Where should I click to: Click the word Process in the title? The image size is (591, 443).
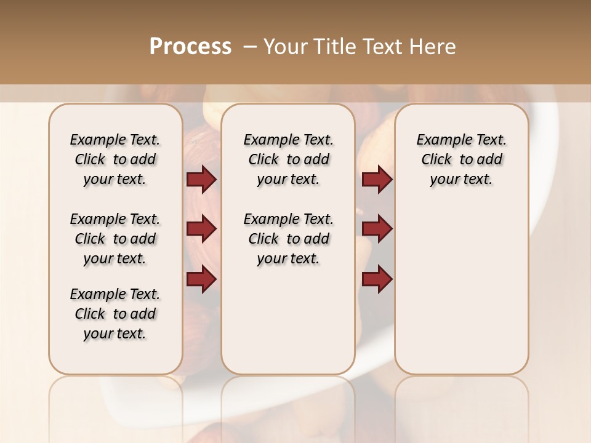[190, 47]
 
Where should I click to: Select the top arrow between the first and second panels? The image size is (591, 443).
[201, 180]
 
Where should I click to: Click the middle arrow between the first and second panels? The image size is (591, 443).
[201, 229]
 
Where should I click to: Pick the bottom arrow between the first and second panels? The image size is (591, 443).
[201, 279]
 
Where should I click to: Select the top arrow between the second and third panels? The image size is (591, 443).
[377, 180]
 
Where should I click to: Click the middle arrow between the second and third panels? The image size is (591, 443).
[377, 229]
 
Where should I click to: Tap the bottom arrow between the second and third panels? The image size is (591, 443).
[377, 279]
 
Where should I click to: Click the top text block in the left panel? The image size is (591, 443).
[115, 159]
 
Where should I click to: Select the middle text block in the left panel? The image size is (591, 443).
[115, 239]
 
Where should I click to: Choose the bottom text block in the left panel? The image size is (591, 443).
[115, 314]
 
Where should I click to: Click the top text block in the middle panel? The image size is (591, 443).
[288, 159]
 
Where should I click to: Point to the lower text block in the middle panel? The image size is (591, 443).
[288, 239]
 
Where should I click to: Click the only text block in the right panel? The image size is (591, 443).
[461, 159]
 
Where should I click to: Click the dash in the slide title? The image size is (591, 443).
[250, 47]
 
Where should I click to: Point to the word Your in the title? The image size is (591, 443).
[286, 47]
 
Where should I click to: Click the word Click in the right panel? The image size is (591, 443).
[436, 160]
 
